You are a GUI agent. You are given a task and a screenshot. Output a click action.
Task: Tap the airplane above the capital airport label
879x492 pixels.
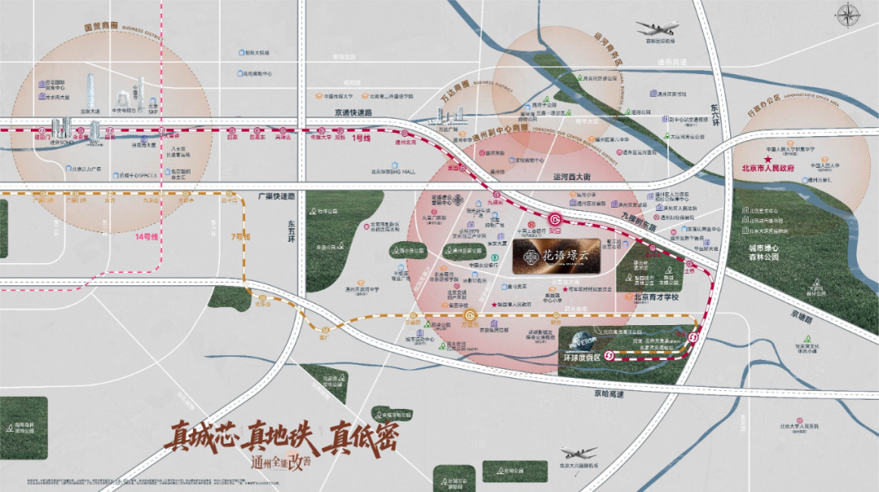coord(658,29)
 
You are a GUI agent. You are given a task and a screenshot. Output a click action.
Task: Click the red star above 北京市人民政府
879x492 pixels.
coord(767,160)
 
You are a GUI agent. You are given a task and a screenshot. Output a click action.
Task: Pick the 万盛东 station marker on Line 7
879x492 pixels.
coord(470,316)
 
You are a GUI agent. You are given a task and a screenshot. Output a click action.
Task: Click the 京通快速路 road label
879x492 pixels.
coord(352,112)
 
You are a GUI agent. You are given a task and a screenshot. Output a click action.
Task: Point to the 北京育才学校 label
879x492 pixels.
coord(658,298)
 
